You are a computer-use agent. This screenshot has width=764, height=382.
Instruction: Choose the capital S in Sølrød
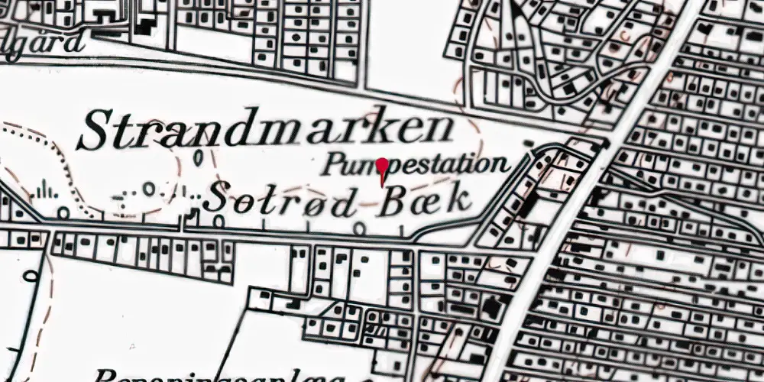217,199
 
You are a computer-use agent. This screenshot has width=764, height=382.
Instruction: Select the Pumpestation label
414,163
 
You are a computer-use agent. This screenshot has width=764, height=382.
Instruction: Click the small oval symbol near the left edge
31,275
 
